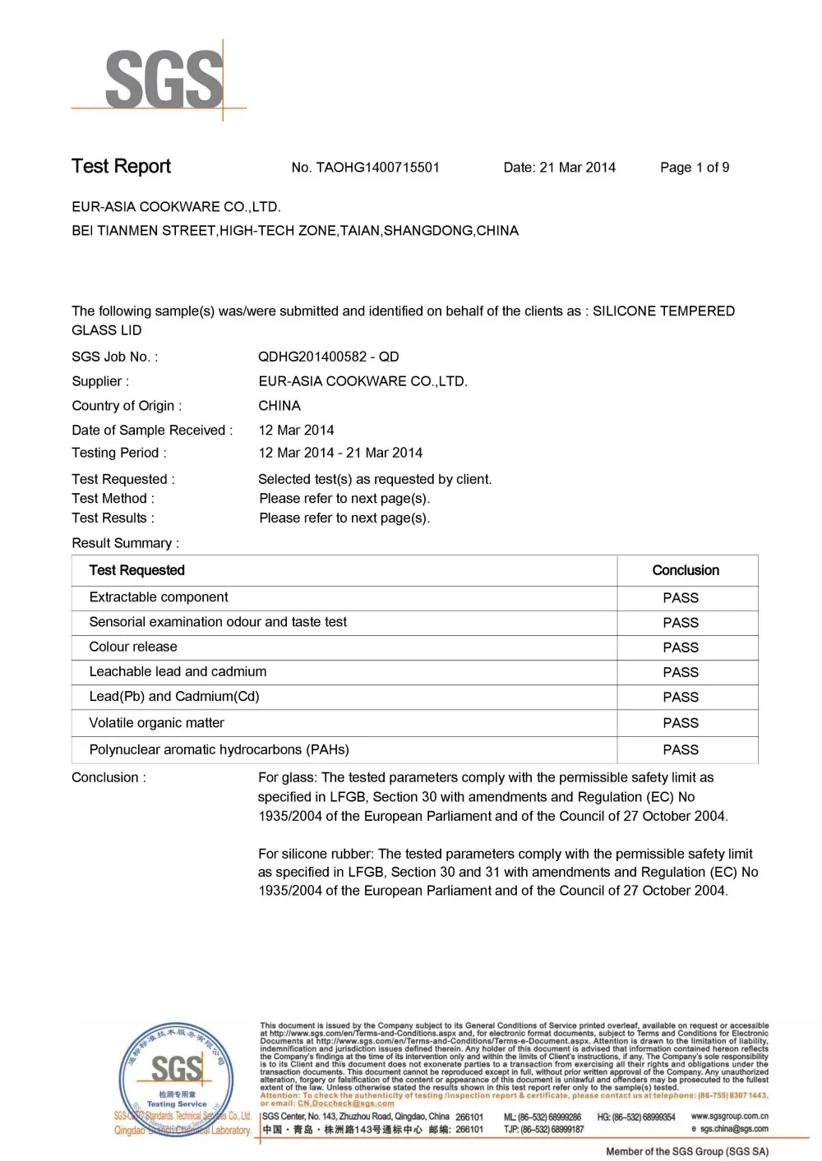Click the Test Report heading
click(x=121, y=167)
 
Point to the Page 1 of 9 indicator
click(x=695, y=168)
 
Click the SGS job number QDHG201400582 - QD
click(x=328, y=357)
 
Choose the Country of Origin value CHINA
click(x=279, y=406)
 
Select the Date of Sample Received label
click(x=152, y=431)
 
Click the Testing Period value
click(x=340, y=453)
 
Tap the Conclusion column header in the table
click(x=686, y=570)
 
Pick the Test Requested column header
click(x=136, y=570)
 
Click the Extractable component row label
click(x=159, y=597)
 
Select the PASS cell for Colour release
click(x=681, y=647)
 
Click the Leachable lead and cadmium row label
click(x=178, y=672)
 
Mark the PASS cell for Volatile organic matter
click(x=681, y=723)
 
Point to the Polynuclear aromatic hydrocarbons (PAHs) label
click(x=219, y=749)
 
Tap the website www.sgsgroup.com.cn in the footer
click(x=729, y=1117)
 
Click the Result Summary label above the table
click(x=125, y=543)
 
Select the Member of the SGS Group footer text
click(x=686, y=1151)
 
